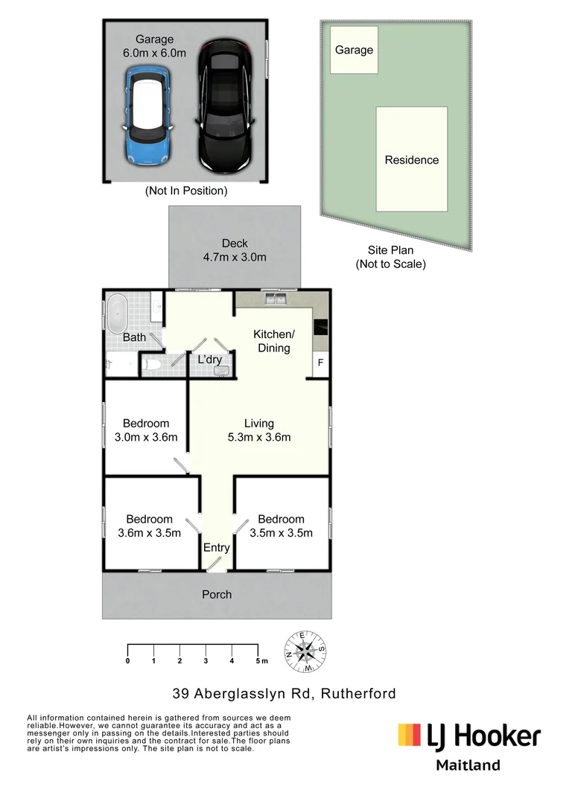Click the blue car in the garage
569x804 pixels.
(147, 115)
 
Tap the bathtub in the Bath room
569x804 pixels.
(117, 313)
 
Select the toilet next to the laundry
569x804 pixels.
(153, 365)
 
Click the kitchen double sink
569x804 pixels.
(276, 299)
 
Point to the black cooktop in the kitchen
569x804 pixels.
(321, 327)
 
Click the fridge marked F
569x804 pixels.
(321, 363)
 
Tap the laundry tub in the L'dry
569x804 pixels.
(221, 370)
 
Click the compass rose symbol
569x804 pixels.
(305, 651)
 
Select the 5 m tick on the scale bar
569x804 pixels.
(258, 649)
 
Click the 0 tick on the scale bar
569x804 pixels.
(128, 649)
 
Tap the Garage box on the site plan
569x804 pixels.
(354, 50)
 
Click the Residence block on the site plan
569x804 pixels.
(412, 159)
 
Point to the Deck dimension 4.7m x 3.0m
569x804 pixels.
(235, 257)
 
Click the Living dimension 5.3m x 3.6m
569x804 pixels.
(259, 437)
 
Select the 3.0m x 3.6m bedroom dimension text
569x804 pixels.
(146, 437)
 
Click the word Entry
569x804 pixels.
(217, 548)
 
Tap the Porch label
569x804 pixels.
(217, 594)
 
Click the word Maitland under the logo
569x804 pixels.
(468, 765)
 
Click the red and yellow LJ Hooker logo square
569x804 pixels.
(410, 734)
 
